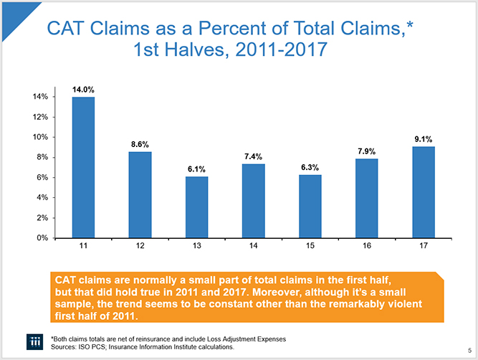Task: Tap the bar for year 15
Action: [x=310, y=206]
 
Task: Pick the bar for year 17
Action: [x=424, y=191]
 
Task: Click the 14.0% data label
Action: [x=84, y=90]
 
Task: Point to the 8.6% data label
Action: [x=140, y=144]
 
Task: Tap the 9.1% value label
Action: [x=424, y=139]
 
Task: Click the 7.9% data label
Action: [x=366, y=151]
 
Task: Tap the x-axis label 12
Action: [x=140, y=247]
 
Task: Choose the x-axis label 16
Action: [x=367, y=247]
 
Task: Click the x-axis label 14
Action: [x=254, y=247]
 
